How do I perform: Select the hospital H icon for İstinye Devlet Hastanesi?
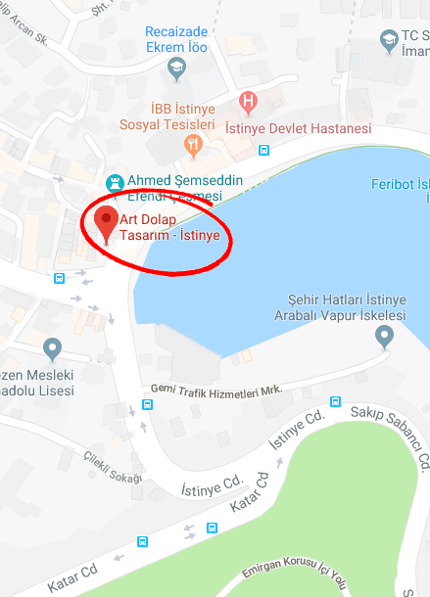[x=249, y=101]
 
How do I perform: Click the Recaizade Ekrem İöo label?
[x=178, y=41]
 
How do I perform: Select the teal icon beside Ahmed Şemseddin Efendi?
[x=116, y=182]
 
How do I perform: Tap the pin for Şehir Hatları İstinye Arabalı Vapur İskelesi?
[x=385, y=337]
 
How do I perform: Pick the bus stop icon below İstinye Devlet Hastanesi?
[x=263, y=151]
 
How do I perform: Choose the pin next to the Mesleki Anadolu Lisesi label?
[x=53, y=346]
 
